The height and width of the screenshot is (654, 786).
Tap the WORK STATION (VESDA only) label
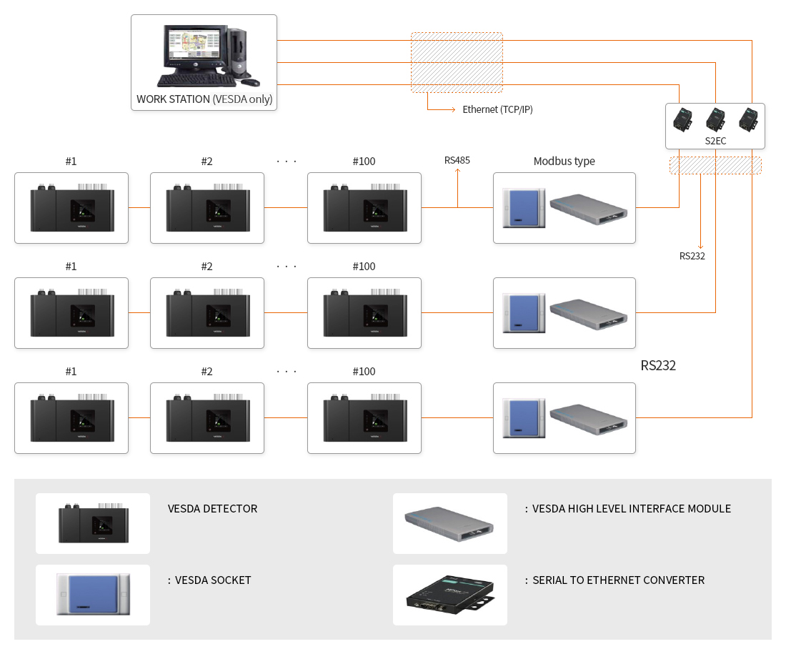204,99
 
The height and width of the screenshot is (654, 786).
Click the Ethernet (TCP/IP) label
497,109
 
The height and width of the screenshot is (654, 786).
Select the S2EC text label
715,141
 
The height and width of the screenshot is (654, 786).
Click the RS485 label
457,160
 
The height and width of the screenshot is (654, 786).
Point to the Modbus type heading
564,162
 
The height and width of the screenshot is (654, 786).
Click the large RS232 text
658,366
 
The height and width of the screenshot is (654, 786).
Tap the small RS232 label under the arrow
692,256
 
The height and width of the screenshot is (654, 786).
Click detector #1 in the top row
71,208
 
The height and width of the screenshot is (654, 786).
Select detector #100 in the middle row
364,313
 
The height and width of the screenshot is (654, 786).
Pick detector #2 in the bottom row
207,418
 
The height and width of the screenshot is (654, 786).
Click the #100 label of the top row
364,162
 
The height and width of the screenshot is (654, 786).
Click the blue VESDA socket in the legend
93,595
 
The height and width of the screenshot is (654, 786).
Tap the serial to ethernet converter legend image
450,595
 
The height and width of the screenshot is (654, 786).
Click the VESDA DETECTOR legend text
212,509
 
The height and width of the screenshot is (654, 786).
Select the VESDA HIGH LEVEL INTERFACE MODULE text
632,509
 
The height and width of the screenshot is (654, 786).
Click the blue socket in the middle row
524,313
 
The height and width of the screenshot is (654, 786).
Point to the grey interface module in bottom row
588,418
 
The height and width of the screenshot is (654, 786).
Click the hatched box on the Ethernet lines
457,62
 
